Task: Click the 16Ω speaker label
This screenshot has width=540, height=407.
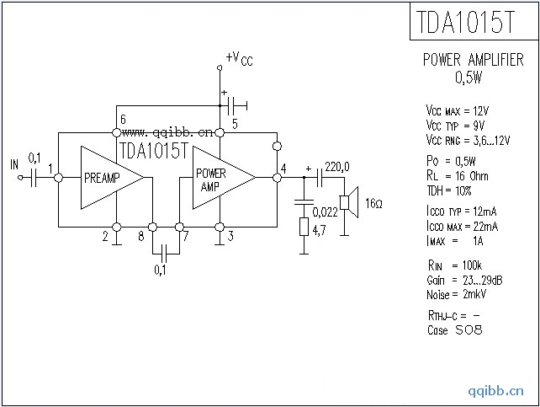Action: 374,205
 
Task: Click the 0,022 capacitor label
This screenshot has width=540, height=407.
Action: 326,211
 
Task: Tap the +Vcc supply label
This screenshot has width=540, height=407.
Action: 238,58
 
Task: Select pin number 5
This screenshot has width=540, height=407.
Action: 235,124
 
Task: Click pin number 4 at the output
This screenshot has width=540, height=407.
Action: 283,168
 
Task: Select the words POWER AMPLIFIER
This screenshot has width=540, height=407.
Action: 472,61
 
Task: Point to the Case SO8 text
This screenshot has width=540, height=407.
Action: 454,329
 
